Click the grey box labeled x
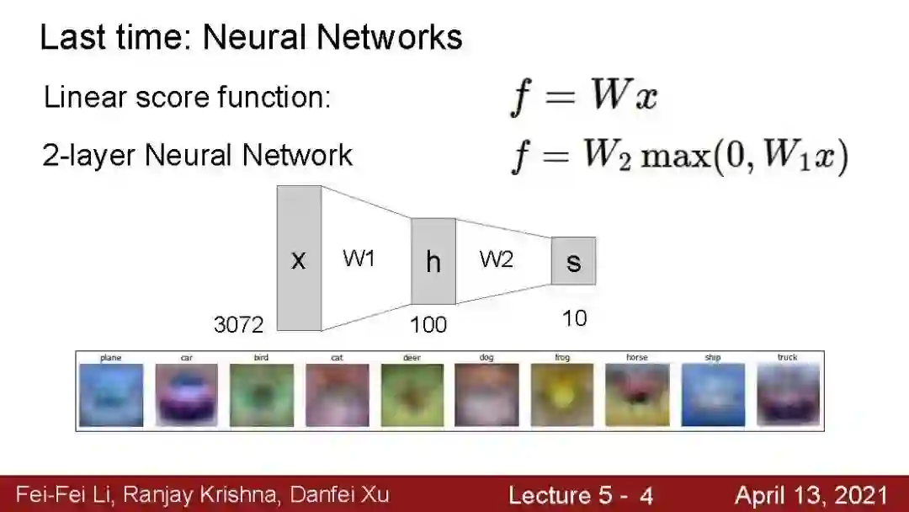tap(299, 259)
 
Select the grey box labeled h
tap(433, 261)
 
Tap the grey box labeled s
tap(573, 261)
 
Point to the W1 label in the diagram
tap(359, 259)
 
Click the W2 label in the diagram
tap(496, 259)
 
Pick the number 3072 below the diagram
tap(239, 324)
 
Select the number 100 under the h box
tap(428, 324)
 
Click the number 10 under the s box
tap(574, 318)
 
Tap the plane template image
tap(111, 395)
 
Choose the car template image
tap(186, 395)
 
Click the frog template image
tap(562, 395)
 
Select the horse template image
tap(637, 395)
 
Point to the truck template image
tap(787, 395)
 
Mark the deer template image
tap(412, 395)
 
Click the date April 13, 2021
tap(811, 495)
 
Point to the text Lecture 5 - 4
tap(580, 495)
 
